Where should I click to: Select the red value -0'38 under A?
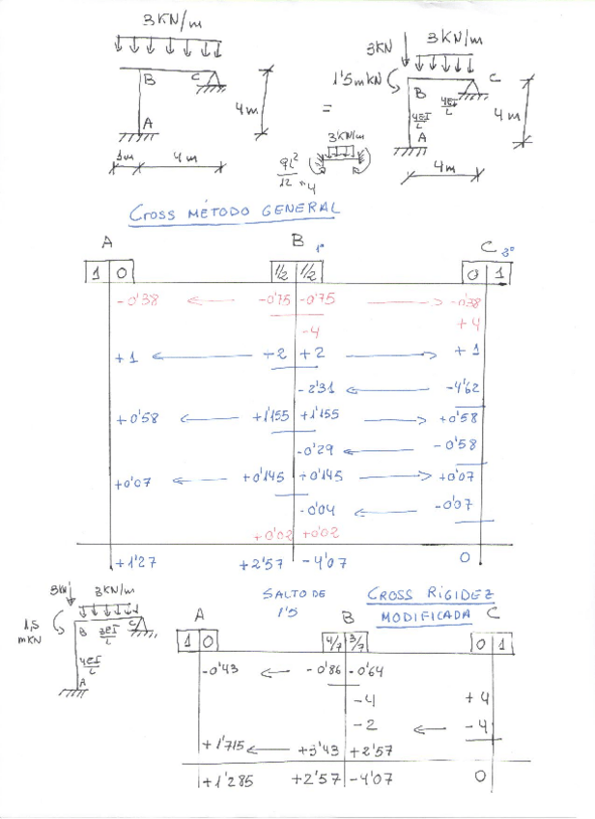point(137,299)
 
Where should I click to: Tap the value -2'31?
point(321,388)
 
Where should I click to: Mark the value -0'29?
point(318,450)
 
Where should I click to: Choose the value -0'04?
point(318,508)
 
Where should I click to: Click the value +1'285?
point(227,780)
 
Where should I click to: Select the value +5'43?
point(319,748)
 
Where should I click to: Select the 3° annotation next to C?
point(507,251)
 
